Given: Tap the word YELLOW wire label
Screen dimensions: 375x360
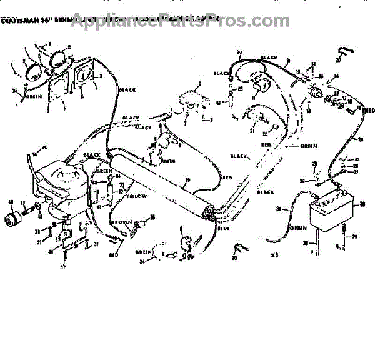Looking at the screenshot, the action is (x=137, y=196).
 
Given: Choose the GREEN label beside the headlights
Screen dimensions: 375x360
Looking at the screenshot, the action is (x=34, y=97).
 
